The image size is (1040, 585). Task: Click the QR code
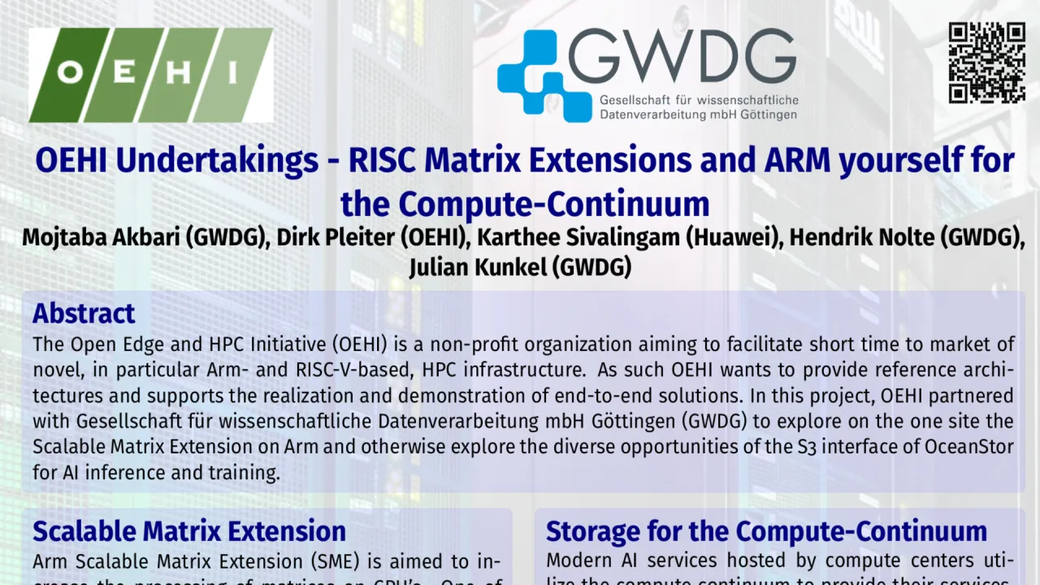coord(987,63)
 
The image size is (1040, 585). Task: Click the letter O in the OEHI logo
coord(71,73)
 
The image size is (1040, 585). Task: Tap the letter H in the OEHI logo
coord(180,73)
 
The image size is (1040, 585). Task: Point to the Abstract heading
coord(84,314)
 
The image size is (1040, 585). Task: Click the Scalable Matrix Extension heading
coord(189,531)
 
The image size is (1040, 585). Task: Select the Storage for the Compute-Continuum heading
coord(766,531)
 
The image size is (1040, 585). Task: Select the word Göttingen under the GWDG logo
coord(766,115)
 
